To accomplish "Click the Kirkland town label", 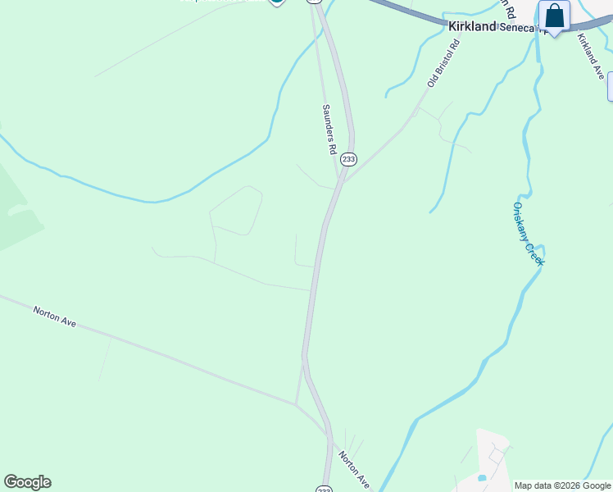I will (473, 26).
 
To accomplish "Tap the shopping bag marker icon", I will (555, 16).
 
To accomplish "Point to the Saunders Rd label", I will (329, 129).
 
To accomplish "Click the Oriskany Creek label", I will (528, 234).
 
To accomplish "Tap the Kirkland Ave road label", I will (590, 56).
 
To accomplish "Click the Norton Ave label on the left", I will (55, 317).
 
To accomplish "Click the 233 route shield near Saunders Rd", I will (349, 159).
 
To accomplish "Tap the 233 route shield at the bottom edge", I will (324, 488).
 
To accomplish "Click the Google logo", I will (27, 482).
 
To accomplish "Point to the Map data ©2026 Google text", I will (563, 485).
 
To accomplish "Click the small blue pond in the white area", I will (482, 477).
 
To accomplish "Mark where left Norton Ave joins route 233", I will (297, 403).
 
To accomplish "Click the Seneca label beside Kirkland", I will (518, 27).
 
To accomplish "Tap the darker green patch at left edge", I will (16, 209).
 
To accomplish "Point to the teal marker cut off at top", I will (277, 2).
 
